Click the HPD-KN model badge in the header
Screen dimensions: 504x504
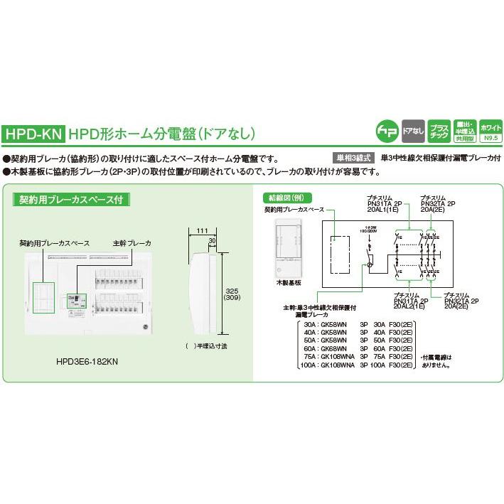33,133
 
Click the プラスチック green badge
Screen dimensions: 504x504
439,129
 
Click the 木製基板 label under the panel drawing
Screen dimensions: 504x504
276,282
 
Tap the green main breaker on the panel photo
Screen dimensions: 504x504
73,299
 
